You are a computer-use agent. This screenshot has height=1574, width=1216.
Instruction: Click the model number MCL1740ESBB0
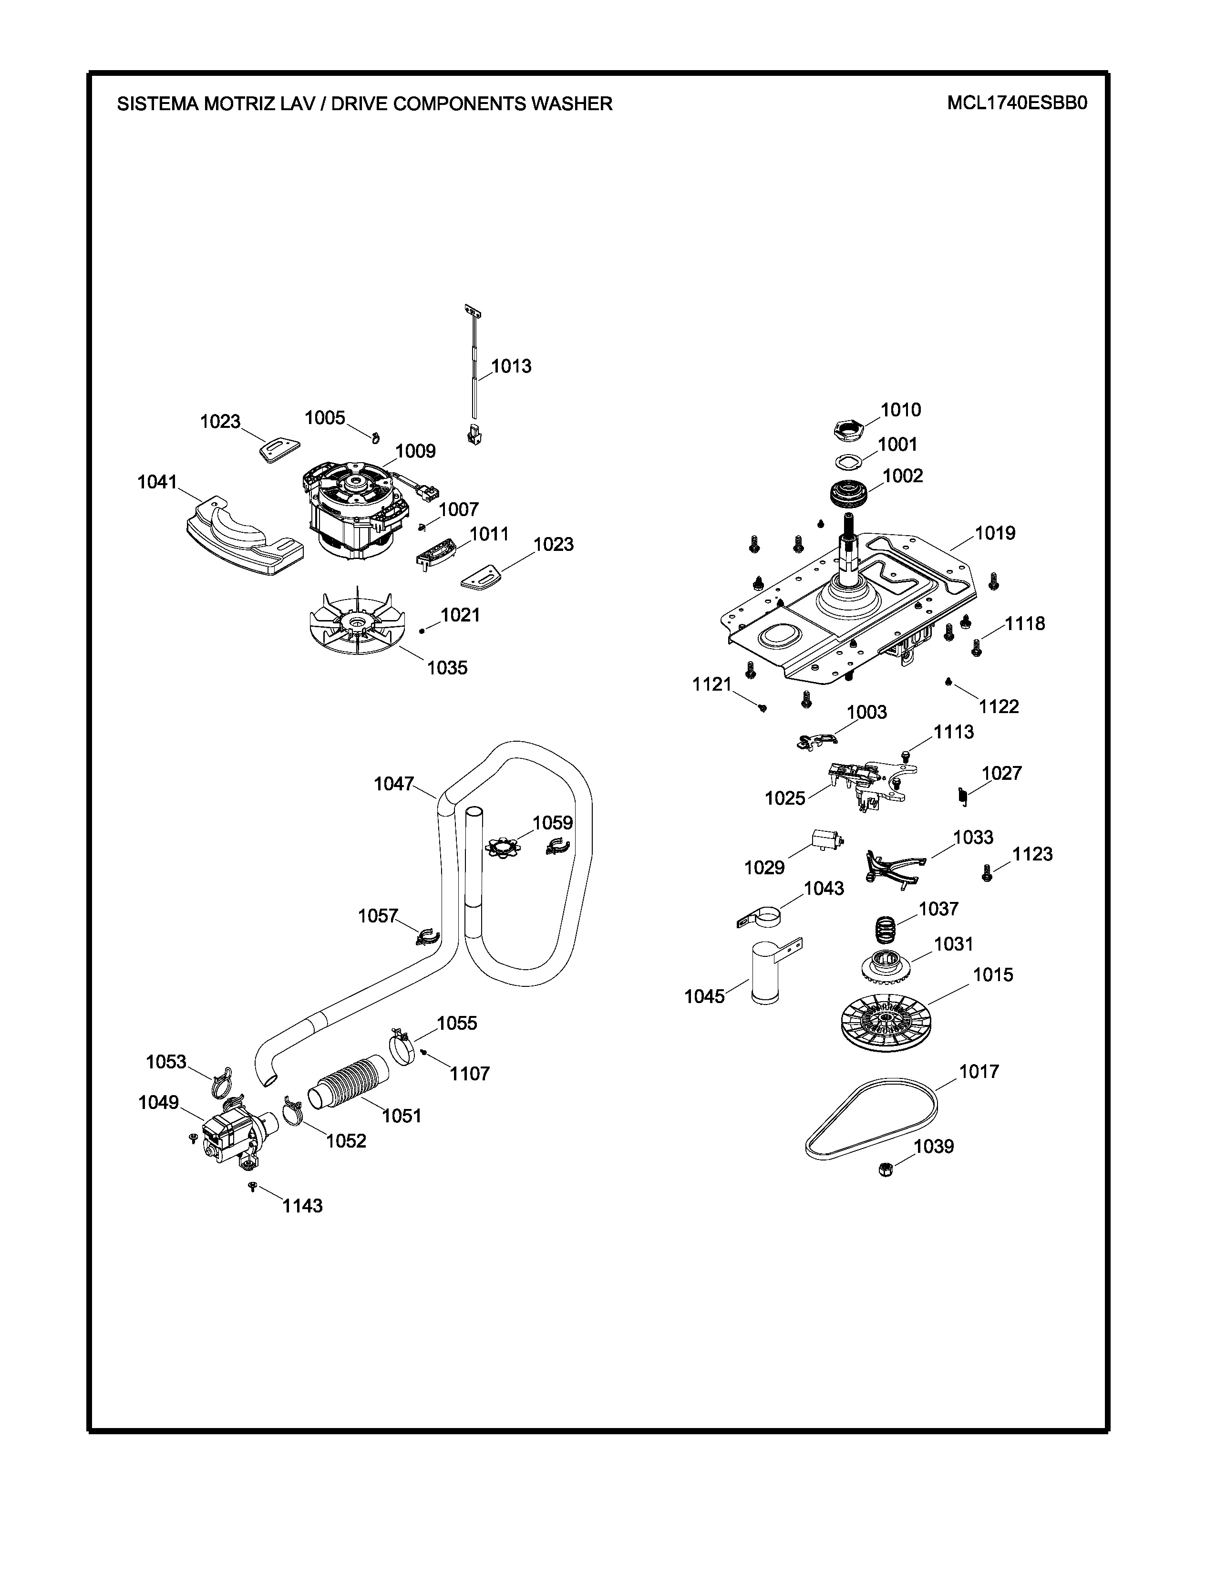coord(1017,103)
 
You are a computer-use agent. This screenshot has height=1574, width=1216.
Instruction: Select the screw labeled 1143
coord(252,1186)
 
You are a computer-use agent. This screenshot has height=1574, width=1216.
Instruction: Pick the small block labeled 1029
coord(825,839)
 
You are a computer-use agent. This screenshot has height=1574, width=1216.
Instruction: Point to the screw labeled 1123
coord(988,874)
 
